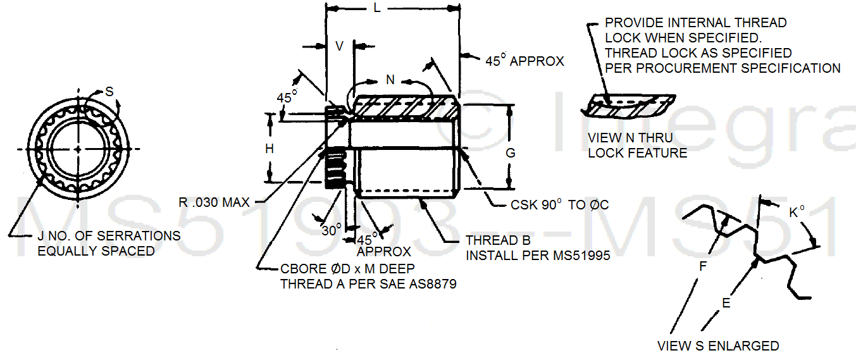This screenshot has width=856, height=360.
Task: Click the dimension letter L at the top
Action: [x=377, y=9]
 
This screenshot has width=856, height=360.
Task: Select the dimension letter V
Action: [x=340, y=46]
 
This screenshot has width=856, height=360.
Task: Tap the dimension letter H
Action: [x=270, y=149]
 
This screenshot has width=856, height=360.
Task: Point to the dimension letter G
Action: [x=511, y=152]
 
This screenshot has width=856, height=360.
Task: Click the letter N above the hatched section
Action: [x=390, y=80]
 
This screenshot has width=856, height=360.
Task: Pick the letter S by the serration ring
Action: [x=109, y=92]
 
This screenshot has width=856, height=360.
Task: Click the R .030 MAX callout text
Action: [x=214, y=203]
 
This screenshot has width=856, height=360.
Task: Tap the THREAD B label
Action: [x=498, y=240]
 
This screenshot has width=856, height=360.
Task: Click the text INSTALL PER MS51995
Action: [x=538, y=256]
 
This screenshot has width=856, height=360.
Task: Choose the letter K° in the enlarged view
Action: [x=797, y=213]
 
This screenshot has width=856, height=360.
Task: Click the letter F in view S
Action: [x=702, y=267]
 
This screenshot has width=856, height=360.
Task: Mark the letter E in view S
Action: [x=726, y=303]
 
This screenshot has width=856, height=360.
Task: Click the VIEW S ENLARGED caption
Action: [x=718, y=346]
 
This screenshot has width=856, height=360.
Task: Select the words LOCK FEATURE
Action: [x=637, y=152]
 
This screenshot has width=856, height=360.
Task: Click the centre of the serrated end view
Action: [x=78, y=149]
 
